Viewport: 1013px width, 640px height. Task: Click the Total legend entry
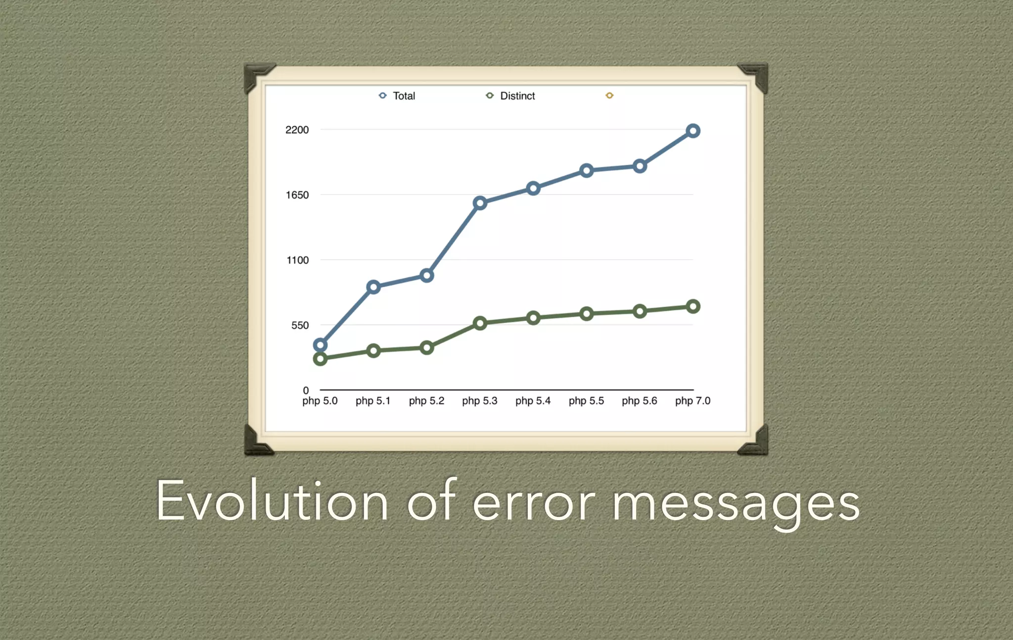pyautogui.click(x=397, y=96)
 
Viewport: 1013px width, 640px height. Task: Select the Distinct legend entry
pyautogui.click(x=511, y=96)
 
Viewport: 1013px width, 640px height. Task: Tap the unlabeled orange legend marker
pyautogui.click(x=609, y=96)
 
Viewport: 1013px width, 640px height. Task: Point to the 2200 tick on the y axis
pyautogui.click(x=297, y=130)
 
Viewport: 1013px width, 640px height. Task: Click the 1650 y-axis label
pyautogui.click(x=297, y=195)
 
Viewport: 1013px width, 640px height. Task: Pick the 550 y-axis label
pyautogui.click(x=300, y=325)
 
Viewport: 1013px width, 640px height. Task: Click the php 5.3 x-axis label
pyautogui.click(x=479, y=401)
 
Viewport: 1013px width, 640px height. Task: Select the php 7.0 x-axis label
pyautogui.click(x=692, y=401)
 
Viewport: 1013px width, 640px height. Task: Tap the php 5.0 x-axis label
pyautogui.click(x=320, y=401)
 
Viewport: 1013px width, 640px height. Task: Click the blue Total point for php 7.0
pyautogui.click(x=693, y=131)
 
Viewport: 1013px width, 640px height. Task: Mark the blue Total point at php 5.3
pyautogui.click(x=480, y=203)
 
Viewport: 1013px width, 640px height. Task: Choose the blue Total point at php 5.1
pyautogui.click(x=373, y=287)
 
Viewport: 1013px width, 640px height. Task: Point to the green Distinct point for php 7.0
pyautogui.click(x=693, y=307)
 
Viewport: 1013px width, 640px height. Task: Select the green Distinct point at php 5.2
pyautogui.click(x=427, y=348)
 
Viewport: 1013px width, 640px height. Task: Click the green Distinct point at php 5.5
pyautogui.click(x=587, y=314)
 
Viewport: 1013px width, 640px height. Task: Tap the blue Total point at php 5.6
pyautogui.click(x=640, y=166)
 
